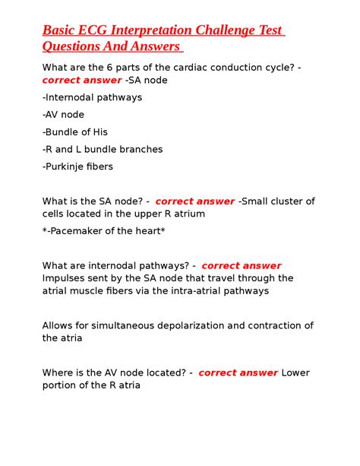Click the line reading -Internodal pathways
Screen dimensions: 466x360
pyautogui.click(x=92, y=97)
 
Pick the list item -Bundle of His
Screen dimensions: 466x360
pyautogui.click(x=75, y=132)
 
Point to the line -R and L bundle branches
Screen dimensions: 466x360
pyautogui.click(x=103, y=149)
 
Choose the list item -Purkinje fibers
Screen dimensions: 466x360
pyautogui.click(x=77, y=166)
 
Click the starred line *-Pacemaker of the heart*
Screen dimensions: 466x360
pyautogui.click(x=103, y=231)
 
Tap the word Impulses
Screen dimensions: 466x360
pyautogui.click(x=67, y=278)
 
